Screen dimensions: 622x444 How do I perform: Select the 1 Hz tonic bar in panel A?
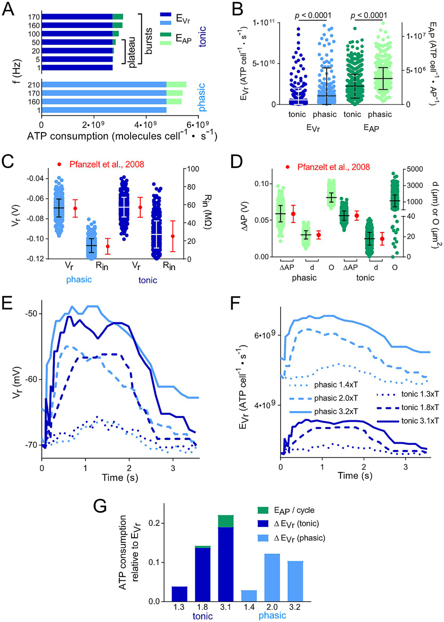tap(77, 68)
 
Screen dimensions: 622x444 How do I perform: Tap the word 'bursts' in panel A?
tap(149, 41)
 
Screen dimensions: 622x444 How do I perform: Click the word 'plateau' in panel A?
tap(132, 52)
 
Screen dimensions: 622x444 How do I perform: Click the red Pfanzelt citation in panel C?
tap(106, 164)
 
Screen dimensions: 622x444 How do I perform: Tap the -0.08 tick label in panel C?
tap(35, 219)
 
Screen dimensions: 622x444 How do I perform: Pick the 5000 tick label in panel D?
tap(415, 169)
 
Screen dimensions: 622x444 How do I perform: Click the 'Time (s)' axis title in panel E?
tap(120, 477)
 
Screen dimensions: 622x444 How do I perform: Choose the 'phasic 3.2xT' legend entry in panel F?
tap(336, 412)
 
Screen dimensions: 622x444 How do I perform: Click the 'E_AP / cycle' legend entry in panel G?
tap(294, 510)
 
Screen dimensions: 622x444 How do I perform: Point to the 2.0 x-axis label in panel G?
tap(272, 607)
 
